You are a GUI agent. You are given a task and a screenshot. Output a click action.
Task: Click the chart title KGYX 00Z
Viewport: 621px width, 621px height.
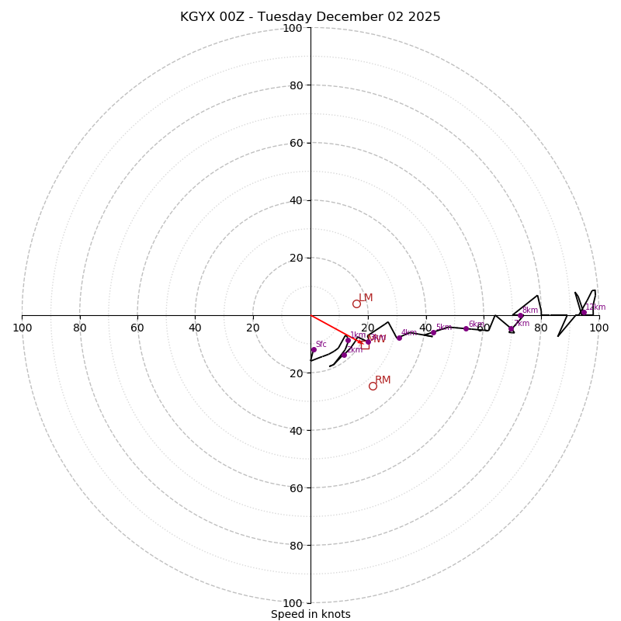310,17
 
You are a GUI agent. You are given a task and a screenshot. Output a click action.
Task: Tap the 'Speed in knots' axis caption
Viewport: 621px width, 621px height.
310,614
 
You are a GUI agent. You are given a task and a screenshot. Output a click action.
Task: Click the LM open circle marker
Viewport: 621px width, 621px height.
356,304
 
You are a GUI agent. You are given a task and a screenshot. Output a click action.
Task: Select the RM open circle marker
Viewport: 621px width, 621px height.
373,386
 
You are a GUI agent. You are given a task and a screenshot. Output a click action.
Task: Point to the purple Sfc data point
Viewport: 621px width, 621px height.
314,349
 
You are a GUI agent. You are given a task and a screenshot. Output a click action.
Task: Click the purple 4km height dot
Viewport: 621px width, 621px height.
399,338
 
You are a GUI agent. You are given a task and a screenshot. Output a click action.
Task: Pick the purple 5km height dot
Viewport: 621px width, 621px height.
433,332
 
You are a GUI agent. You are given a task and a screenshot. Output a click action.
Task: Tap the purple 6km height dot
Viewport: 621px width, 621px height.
466,328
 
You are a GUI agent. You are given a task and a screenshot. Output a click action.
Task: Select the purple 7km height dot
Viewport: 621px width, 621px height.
511,329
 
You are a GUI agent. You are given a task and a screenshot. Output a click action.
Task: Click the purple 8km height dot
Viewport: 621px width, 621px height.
520,316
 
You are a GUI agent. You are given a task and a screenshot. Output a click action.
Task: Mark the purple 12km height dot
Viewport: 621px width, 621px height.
584,313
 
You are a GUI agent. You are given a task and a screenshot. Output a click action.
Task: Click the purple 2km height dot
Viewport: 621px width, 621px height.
344,355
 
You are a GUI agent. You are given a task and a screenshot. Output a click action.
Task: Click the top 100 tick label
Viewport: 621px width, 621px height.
293,28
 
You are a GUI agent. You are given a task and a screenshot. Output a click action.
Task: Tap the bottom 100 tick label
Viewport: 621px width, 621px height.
293,603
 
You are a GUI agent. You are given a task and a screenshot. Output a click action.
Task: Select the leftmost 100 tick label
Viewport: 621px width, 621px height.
22,328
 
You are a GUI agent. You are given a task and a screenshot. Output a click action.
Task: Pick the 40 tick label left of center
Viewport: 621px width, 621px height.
195,328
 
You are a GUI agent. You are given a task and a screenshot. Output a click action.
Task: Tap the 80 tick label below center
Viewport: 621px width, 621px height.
296,546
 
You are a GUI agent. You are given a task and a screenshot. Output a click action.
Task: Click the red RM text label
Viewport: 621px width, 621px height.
383,380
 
